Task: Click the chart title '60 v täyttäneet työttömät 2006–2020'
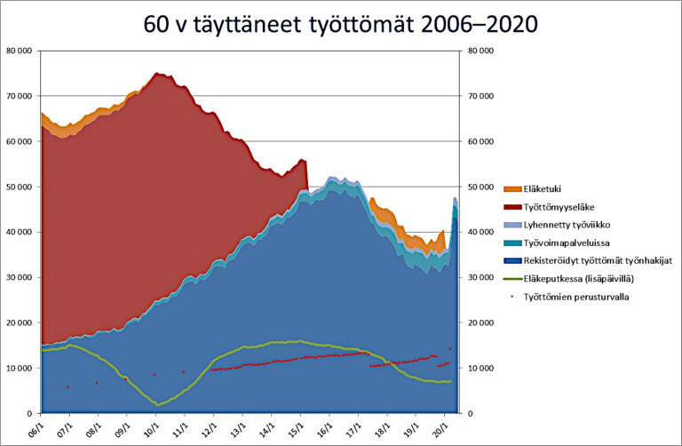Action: pyautogui.click(x=340, y=22)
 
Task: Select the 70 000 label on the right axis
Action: pyautogui.click(x=480, y=96)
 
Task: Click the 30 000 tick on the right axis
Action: pyautogui.click(x=480, y=277)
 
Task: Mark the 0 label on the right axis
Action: pyautogui.click(x=468, y=413)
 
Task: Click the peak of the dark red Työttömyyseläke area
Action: pyautogui.click(x=156, y=73)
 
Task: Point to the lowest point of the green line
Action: pyautogui.click(x=158, y=405)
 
